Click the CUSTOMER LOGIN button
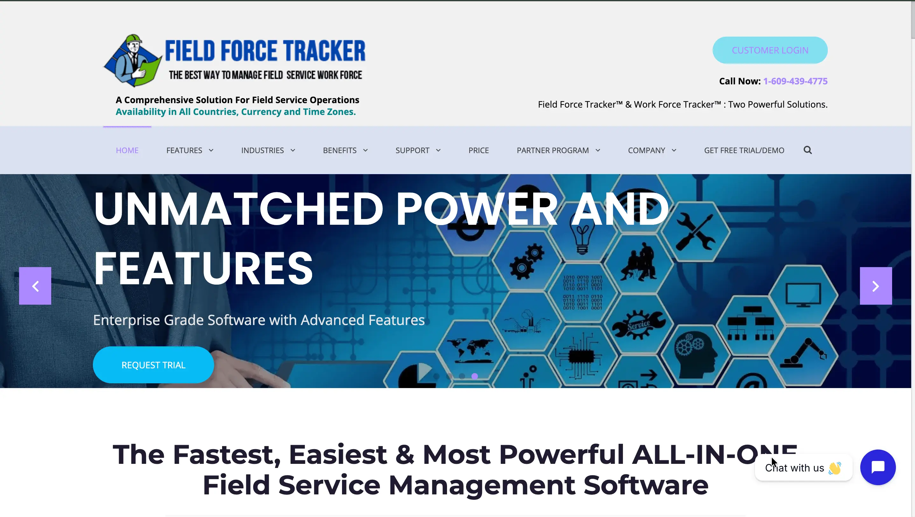tap(770, 50)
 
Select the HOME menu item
tap(127, 150)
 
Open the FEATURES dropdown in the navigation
tap(190, 150)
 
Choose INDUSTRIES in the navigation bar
tap(268, 150)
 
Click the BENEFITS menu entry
tap(345, 150)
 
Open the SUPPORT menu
tap(418, 150)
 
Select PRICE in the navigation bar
tap(478, 150)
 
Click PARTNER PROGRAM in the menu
tap(558, 150)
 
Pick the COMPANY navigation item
tap(652, 150)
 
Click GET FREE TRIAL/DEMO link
tap(744, 150)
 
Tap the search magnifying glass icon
tap(807, 150)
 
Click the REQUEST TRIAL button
tap(153, 365)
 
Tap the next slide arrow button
tap(876, 286)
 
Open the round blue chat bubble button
tap(878, 467)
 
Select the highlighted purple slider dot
tap(475, 376)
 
